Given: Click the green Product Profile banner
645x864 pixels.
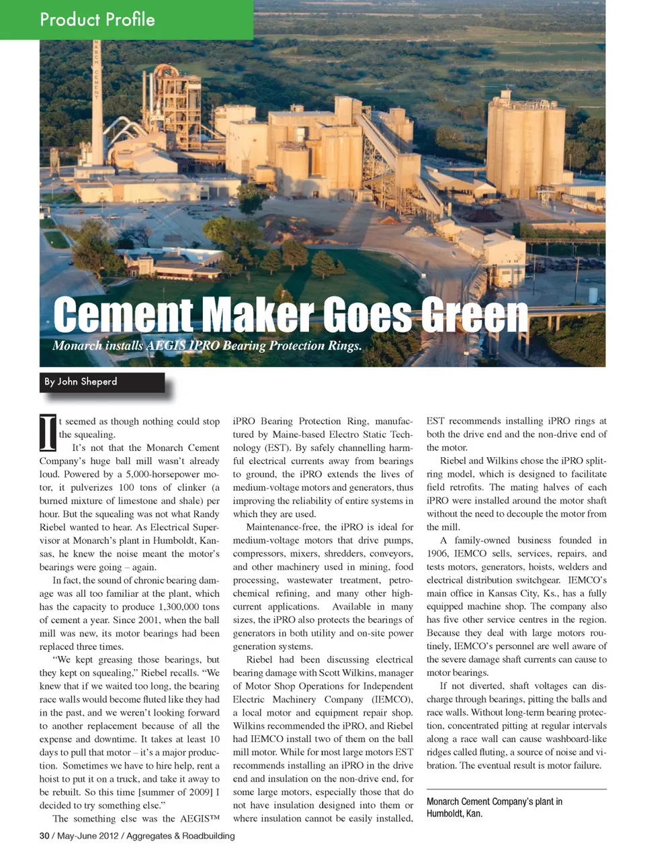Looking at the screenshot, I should [126, 19].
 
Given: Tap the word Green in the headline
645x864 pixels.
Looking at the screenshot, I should [473, 315].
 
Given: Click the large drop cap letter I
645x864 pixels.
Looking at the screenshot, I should [48, 432].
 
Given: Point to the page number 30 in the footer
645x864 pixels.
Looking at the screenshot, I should [44, 836].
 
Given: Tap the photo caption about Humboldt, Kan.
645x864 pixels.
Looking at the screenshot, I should [494, 808].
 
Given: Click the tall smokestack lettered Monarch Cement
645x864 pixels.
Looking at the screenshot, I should [97, 101].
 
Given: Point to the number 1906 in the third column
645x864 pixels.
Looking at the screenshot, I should [438, 554].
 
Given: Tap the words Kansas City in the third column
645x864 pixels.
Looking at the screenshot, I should [513, 593].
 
